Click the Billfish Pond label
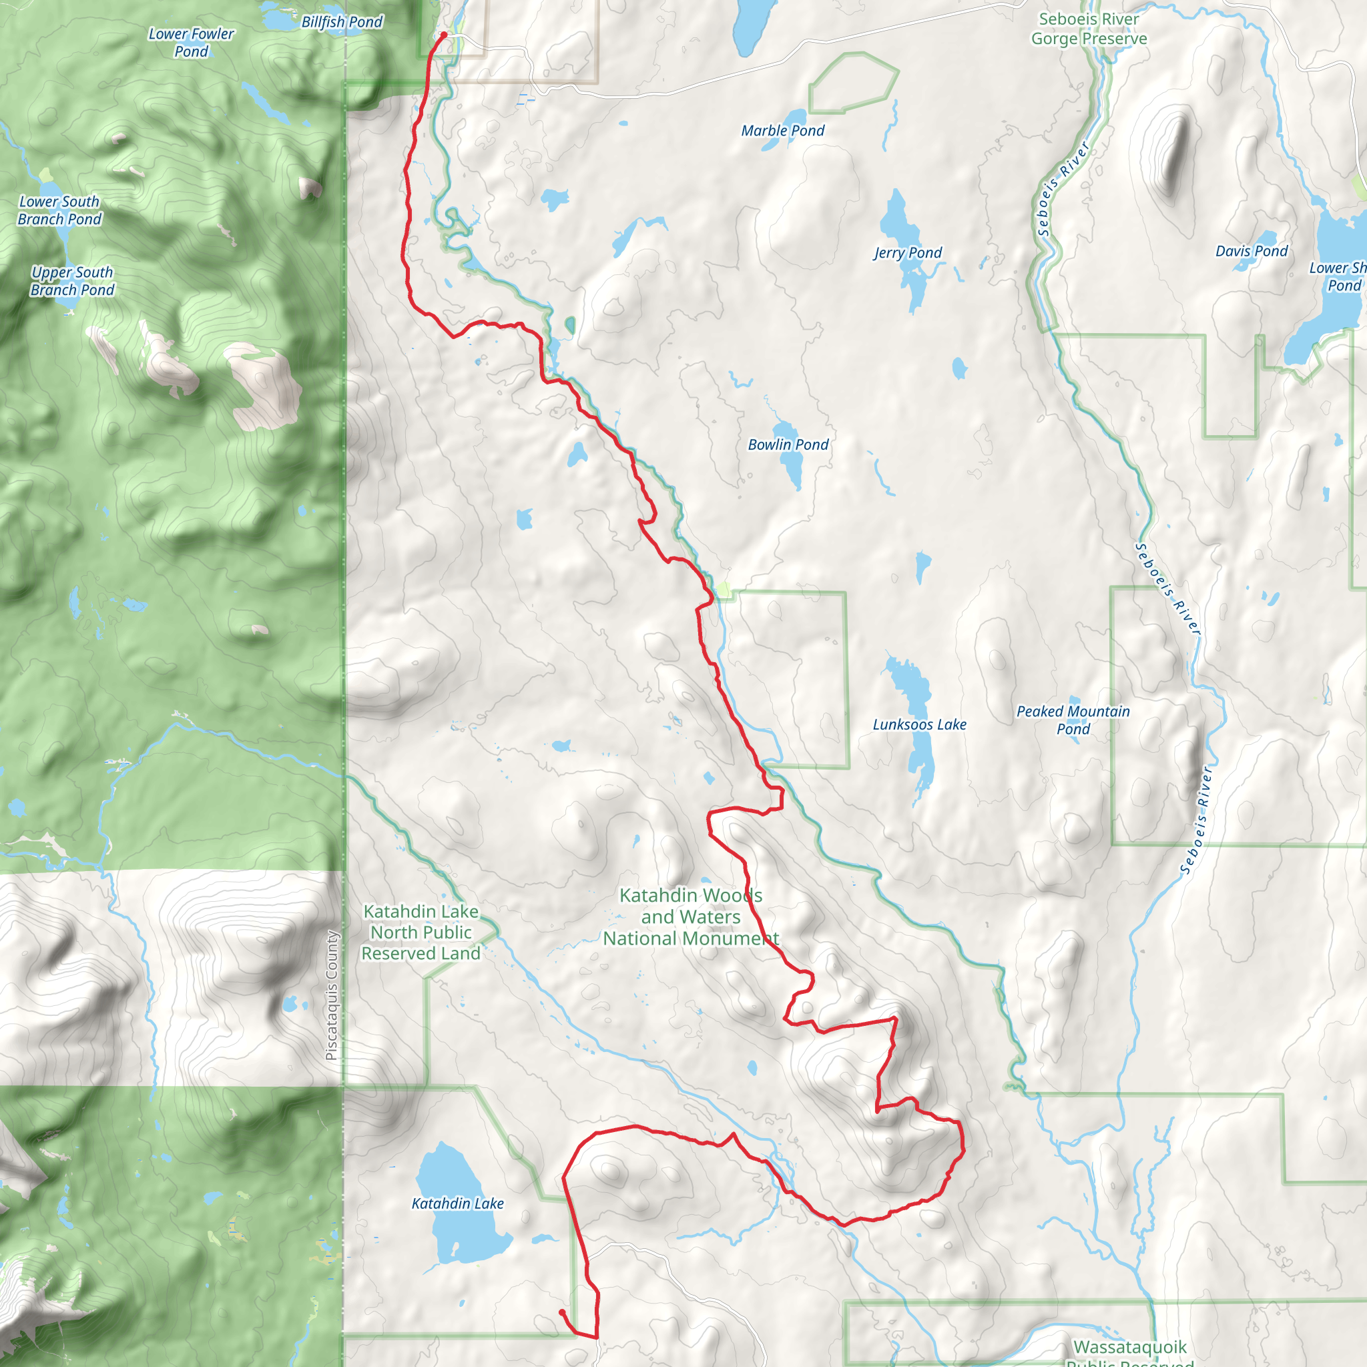click(x=342, y=22)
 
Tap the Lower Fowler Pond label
click(x=191, y=43)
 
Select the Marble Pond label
click(x=782, y=131)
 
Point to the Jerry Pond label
click(x=908, y=253)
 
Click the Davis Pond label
click(x=1252, y=251)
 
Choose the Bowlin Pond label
click(x=788, y=445)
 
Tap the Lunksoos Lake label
click(x=919, y=724)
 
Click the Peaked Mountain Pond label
click(x=1073, y=720)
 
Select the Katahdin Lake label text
click(x=458, y=1203)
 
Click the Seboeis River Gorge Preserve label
click(x=1089, y=29)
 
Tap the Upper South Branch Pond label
click(x=72, y=281)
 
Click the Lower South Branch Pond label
click(x=59, y=210)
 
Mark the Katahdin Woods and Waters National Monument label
click(x=691, y=917)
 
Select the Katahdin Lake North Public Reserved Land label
click(x=421, y=932)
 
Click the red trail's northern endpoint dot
click(x=444, y=34)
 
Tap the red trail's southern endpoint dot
click(x=562, y=1312)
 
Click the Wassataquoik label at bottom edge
click(x=1129, y=1347)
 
